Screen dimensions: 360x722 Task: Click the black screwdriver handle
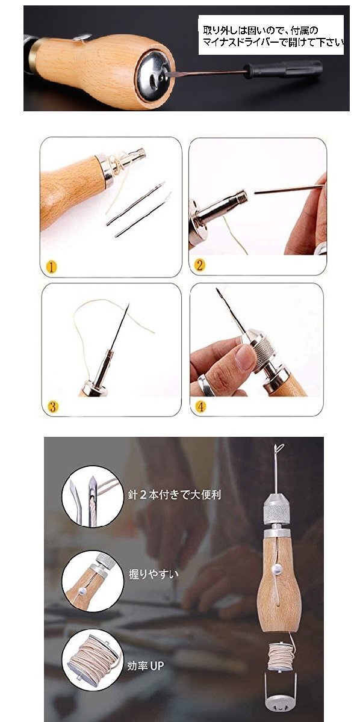click(283, 69)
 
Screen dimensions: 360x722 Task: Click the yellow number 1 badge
click(51, 267)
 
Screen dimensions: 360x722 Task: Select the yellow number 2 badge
click(200, 265)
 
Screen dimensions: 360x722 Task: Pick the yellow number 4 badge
click(200, 406)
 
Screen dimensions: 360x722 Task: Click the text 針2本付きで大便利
click(175, 495)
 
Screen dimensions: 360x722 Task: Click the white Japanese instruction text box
click(271, 35)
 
